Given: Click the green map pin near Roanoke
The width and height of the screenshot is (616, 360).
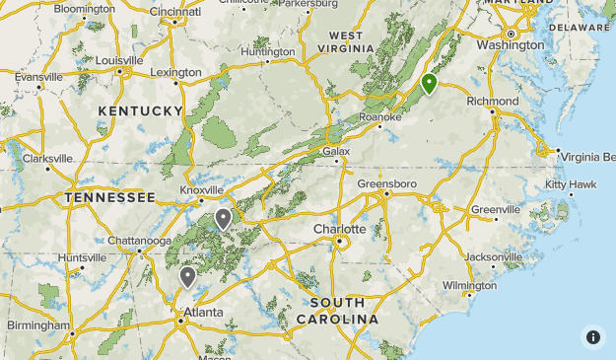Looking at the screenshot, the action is click(x=429, y=84).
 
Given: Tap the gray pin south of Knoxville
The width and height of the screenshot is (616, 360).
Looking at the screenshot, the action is click(x=224, y=219).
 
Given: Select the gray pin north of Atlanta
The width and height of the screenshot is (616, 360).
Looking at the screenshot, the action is click(x=187, y=277).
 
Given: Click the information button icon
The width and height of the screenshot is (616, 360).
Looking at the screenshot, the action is click(x=592, y=336).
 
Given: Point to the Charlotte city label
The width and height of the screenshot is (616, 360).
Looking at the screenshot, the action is click(x=339, y=229).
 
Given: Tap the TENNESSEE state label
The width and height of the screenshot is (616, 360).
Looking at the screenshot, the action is click(x=110, y=197).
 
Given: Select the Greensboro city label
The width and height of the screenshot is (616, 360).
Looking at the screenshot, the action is click(x=386, y=184).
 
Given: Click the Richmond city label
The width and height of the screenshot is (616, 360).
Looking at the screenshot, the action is click(x=492, y=102).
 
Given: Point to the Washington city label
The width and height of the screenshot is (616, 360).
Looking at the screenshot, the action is click(x=510, y=44).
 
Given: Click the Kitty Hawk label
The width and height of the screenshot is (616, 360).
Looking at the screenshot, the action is click(x=571, y=184).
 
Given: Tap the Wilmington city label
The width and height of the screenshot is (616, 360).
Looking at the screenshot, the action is click(x=469, y=285).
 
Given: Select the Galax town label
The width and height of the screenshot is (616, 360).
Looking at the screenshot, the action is click(x=336, y=151).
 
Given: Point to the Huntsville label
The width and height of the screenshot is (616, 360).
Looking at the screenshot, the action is click(x=81, y=257).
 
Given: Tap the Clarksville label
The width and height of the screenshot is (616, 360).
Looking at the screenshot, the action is click(x=47, y=158).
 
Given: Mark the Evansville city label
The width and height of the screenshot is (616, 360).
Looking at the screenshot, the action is click(x=38, y=76).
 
